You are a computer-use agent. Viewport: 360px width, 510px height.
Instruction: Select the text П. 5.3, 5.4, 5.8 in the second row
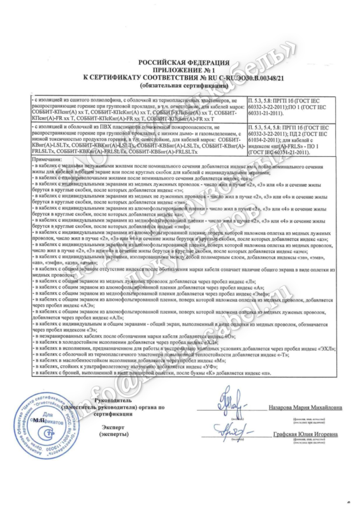point(268,129)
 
